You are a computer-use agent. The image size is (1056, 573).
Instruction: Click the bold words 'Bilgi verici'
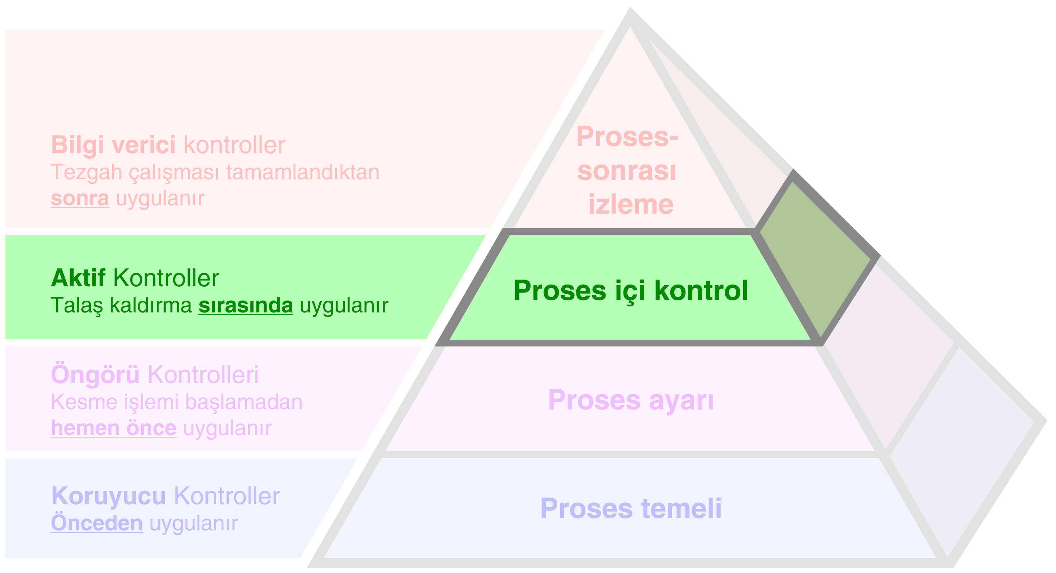(113, 145)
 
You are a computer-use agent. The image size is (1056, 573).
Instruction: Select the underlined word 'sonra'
(80, 198)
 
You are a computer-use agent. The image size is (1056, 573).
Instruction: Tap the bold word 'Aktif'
(78, 278)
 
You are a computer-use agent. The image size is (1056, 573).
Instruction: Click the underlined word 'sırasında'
(246, 305)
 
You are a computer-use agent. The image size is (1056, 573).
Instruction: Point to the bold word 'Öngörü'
(95, 375)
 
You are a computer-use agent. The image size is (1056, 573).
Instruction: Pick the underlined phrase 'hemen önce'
(114, 428)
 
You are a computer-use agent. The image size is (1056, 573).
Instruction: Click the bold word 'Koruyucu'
(109, 496)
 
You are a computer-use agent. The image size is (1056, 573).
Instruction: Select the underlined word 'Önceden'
(97, 523)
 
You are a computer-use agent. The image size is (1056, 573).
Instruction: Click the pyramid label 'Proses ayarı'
(631, 400)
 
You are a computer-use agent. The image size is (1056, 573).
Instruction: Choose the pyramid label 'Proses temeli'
(631, 509)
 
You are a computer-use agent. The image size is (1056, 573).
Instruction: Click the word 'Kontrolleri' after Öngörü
(203, 375)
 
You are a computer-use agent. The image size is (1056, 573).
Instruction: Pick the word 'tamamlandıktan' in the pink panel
(302, 172)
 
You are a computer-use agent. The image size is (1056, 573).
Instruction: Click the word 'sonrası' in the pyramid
(626, 171)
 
